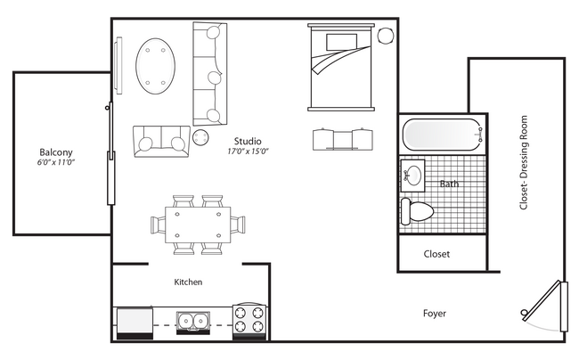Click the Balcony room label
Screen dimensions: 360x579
[x=55, y=151]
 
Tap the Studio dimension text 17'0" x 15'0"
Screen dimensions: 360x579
[x=248, y=151]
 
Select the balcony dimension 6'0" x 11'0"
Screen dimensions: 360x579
[x=54, y=163]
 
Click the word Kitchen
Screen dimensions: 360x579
[x=188, y=282]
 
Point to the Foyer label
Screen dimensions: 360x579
[x=435, y=314]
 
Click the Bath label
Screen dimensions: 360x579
[x=449, y=184]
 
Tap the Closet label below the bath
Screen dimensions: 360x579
[x=436, y=254]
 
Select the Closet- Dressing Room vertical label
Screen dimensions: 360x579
[x=524, y=162]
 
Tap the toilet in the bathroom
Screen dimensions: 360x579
[x=417, y=211]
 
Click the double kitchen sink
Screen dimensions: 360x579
[x=193, y=320]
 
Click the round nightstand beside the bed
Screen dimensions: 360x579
[x=386, y=36]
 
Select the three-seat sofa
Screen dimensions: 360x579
[x=209, y=73]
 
